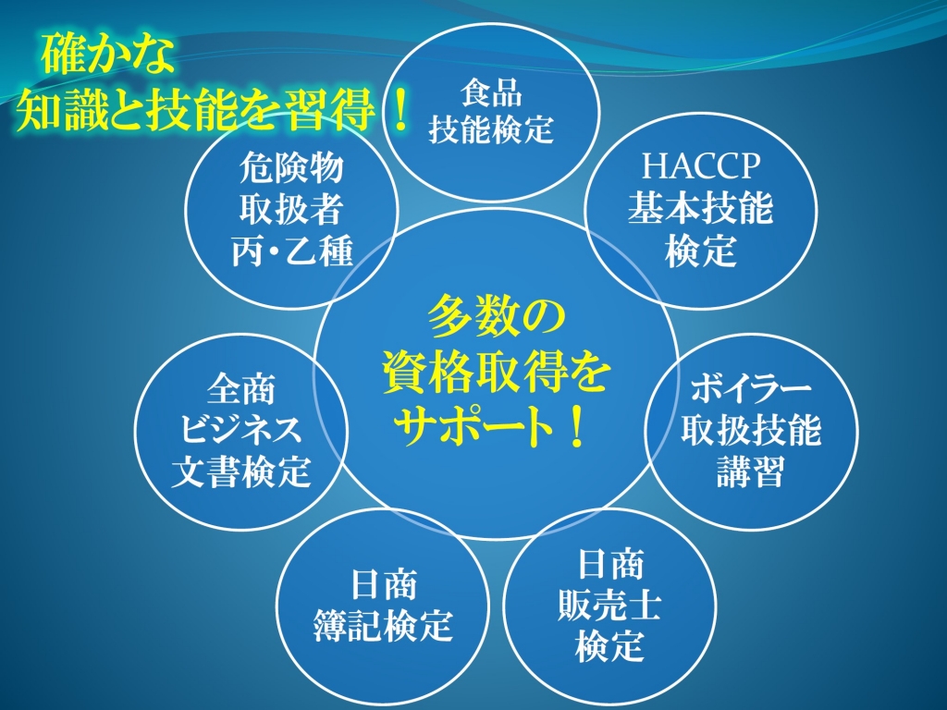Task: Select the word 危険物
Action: coord(291,167)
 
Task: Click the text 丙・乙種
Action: coord(291,251)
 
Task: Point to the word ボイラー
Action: coord(751,388)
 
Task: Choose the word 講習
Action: coord(751,471)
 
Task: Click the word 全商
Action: coord(241,388)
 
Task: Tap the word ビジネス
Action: coord(241,429)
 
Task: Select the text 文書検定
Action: coord(241,471)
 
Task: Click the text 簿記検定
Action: coord(383,625)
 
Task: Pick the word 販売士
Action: coord(609,605)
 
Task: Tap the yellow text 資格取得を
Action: coord(496,372)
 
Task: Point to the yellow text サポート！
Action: coord(489,426)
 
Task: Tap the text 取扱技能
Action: coord(751,429)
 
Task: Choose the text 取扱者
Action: coord(291,209)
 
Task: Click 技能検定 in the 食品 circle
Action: coord(492,129)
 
